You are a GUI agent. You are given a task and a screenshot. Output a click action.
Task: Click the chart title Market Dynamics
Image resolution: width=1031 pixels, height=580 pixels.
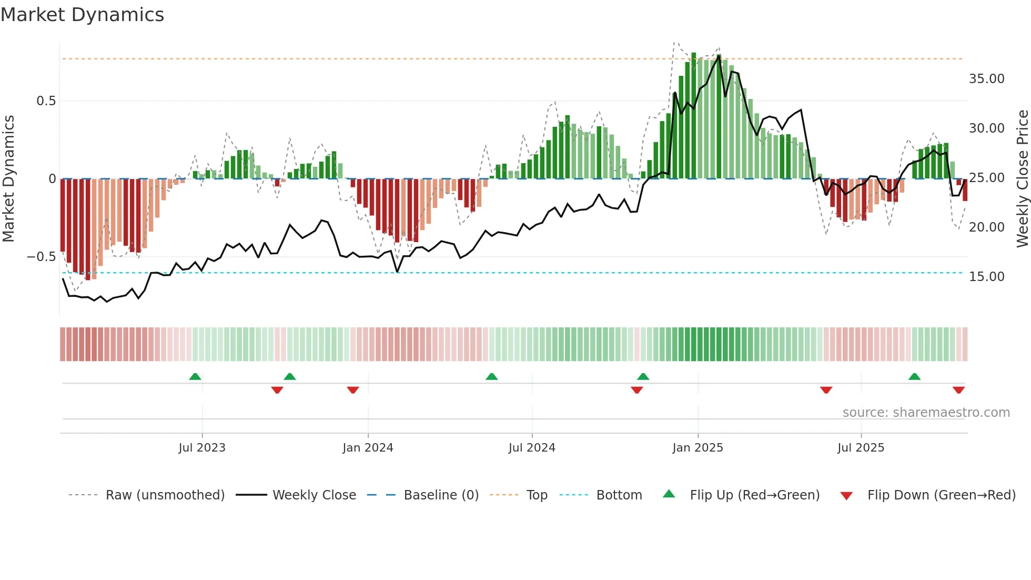pyautogui.click(x=83, y=15)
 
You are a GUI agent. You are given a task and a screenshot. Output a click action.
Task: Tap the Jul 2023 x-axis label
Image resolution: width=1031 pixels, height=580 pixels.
pyautogui.click(x=202, y=447)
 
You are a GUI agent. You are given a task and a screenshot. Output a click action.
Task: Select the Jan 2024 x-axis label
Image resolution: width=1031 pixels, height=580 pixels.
pyautogui.click(x=368, y=447)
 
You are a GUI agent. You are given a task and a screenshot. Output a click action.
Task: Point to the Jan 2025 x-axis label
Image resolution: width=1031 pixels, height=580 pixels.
pyautogui.click(x=698, y=447)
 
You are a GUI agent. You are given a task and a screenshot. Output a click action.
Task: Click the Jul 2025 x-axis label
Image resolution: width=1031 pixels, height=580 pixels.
pyautogui.click(x=861, y=447)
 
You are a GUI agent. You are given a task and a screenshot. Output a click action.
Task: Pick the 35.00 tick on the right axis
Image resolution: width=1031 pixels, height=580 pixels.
pyautogui.click(x=986, y=79)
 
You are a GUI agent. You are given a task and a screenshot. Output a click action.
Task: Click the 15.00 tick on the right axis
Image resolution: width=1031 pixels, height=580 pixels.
pyautogui.click(x=986, y=277)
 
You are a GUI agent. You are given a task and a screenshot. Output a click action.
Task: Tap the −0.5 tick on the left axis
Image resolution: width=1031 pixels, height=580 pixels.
pyautogui.click(x=41, y=257)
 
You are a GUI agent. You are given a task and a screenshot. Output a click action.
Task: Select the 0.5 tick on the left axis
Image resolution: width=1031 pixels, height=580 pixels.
pyautogui.click(x=46, y=101)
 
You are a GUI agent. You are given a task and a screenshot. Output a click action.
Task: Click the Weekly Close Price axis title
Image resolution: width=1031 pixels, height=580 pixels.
pyautogui.click(x=1022, y=178)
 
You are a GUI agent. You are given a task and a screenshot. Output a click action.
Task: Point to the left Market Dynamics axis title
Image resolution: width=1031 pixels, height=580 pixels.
pyautogui.click(x=8, y=178)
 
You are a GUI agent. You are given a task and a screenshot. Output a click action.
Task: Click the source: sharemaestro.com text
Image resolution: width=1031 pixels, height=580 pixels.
pyautogui.click(x=926, y=412)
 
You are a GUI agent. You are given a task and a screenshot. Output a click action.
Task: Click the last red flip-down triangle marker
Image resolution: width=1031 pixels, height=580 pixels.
pyautogui.click(x=958, y=390)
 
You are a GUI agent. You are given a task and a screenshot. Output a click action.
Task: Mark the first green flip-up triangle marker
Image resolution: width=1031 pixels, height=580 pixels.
pyautogui.click(x=195, y=376)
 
